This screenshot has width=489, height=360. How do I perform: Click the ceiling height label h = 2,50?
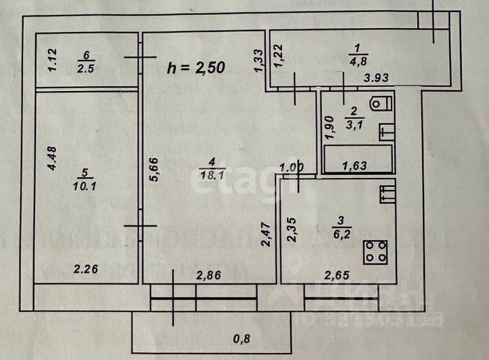(x=197, y=68)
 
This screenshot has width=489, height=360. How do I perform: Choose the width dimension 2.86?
(x=210, y=275)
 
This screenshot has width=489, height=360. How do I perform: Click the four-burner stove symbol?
(x=376, y=251)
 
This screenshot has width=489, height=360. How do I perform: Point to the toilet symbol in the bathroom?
(x=380, y=102)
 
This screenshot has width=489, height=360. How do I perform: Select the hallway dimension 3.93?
(x=377, y=78)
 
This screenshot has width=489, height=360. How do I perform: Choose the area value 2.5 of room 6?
(x=85, y=68)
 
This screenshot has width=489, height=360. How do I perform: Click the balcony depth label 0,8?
(x=240, y=339)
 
